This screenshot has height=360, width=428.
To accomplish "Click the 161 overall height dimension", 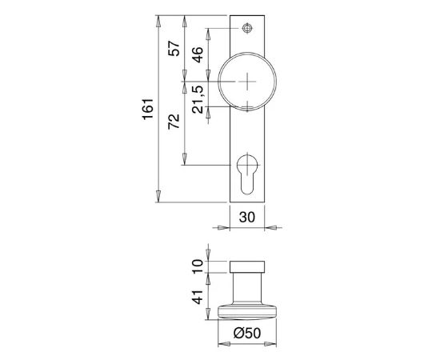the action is point(148,109).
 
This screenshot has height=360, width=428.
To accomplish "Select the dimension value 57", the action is point(174,49).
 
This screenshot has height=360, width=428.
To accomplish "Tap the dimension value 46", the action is point(198,54).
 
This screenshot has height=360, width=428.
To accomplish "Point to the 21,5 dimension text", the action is point(198,99).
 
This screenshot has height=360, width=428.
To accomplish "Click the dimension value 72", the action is point(174,122).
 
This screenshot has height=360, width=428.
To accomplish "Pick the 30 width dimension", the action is point(247,218).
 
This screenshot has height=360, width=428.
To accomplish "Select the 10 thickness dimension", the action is point(198,266).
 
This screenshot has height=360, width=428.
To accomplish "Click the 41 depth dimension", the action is point(198,297).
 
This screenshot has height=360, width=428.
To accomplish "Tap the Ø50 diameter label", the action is point(247,333).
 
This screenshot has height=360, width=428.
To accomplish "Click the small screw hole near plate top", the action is point(247,28).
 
